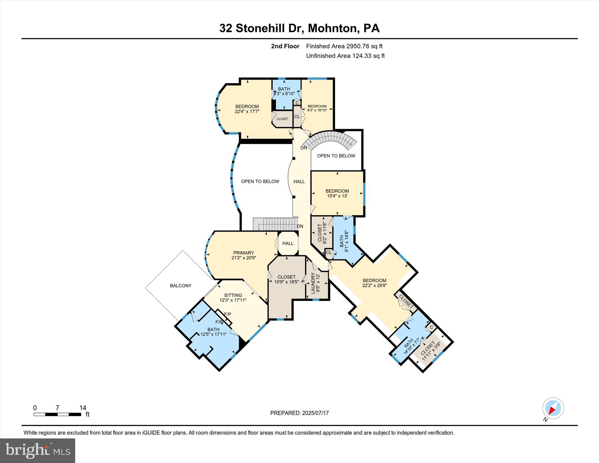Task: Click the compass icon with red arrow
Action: click(553, 408)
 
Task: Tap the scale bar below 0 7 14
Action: click(57, 414)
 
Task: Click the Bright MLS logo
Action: click(37, 450)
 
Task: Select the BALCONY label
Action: click(180, 285)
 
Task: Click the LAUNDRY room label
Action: click(315, 283)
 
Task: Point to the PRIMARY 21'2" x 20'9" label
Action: click(243, 255)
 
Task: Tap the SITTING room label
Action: click(233, 297)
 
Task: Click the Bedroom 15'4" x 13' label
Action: click(337, 193)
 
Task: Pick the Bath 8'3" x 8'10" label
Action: click(284, 91)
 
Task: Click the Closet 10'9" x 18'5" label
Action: click(286, 279)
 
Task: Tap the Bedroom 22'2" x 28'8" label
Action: click(374, 283)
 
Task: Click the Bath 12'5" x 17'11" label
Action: click(214, 332)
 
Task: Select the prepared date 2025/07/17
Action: click(315, 413)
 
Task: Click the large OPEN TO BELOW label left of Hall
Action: click(260, 181)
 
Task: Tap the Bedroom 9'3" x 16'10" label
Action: click(317, 108)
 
